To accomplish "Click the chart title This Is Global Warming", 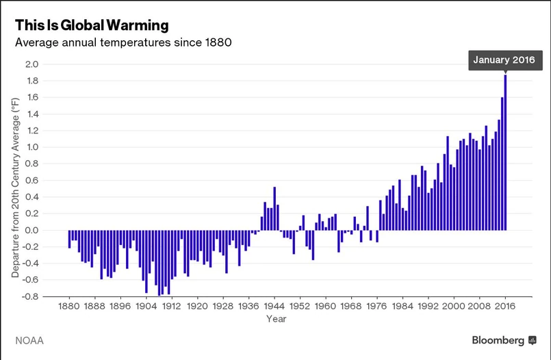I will click(92, 25).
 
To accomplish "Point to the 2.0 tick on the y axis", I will click(31, 64).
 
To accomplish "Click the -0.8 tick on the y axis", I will click(29, 296).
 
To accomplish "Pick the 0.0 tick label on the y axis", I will click(31, 230).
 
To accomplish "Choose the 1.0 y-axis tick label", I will click(31, 147).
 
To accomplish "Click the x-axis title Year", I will click(277, 319).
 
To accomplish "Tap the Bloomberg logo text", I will click(498, 339).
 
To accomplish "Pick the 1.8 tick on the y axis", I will click(31, 81).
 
